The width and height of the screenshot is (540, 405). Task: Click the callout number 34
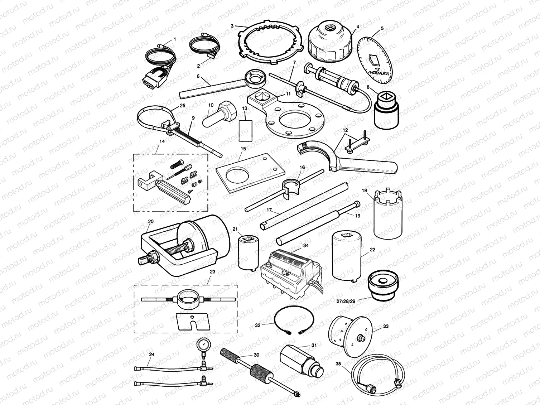305,245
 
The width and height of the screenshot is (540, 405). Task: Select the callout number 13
245,107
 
